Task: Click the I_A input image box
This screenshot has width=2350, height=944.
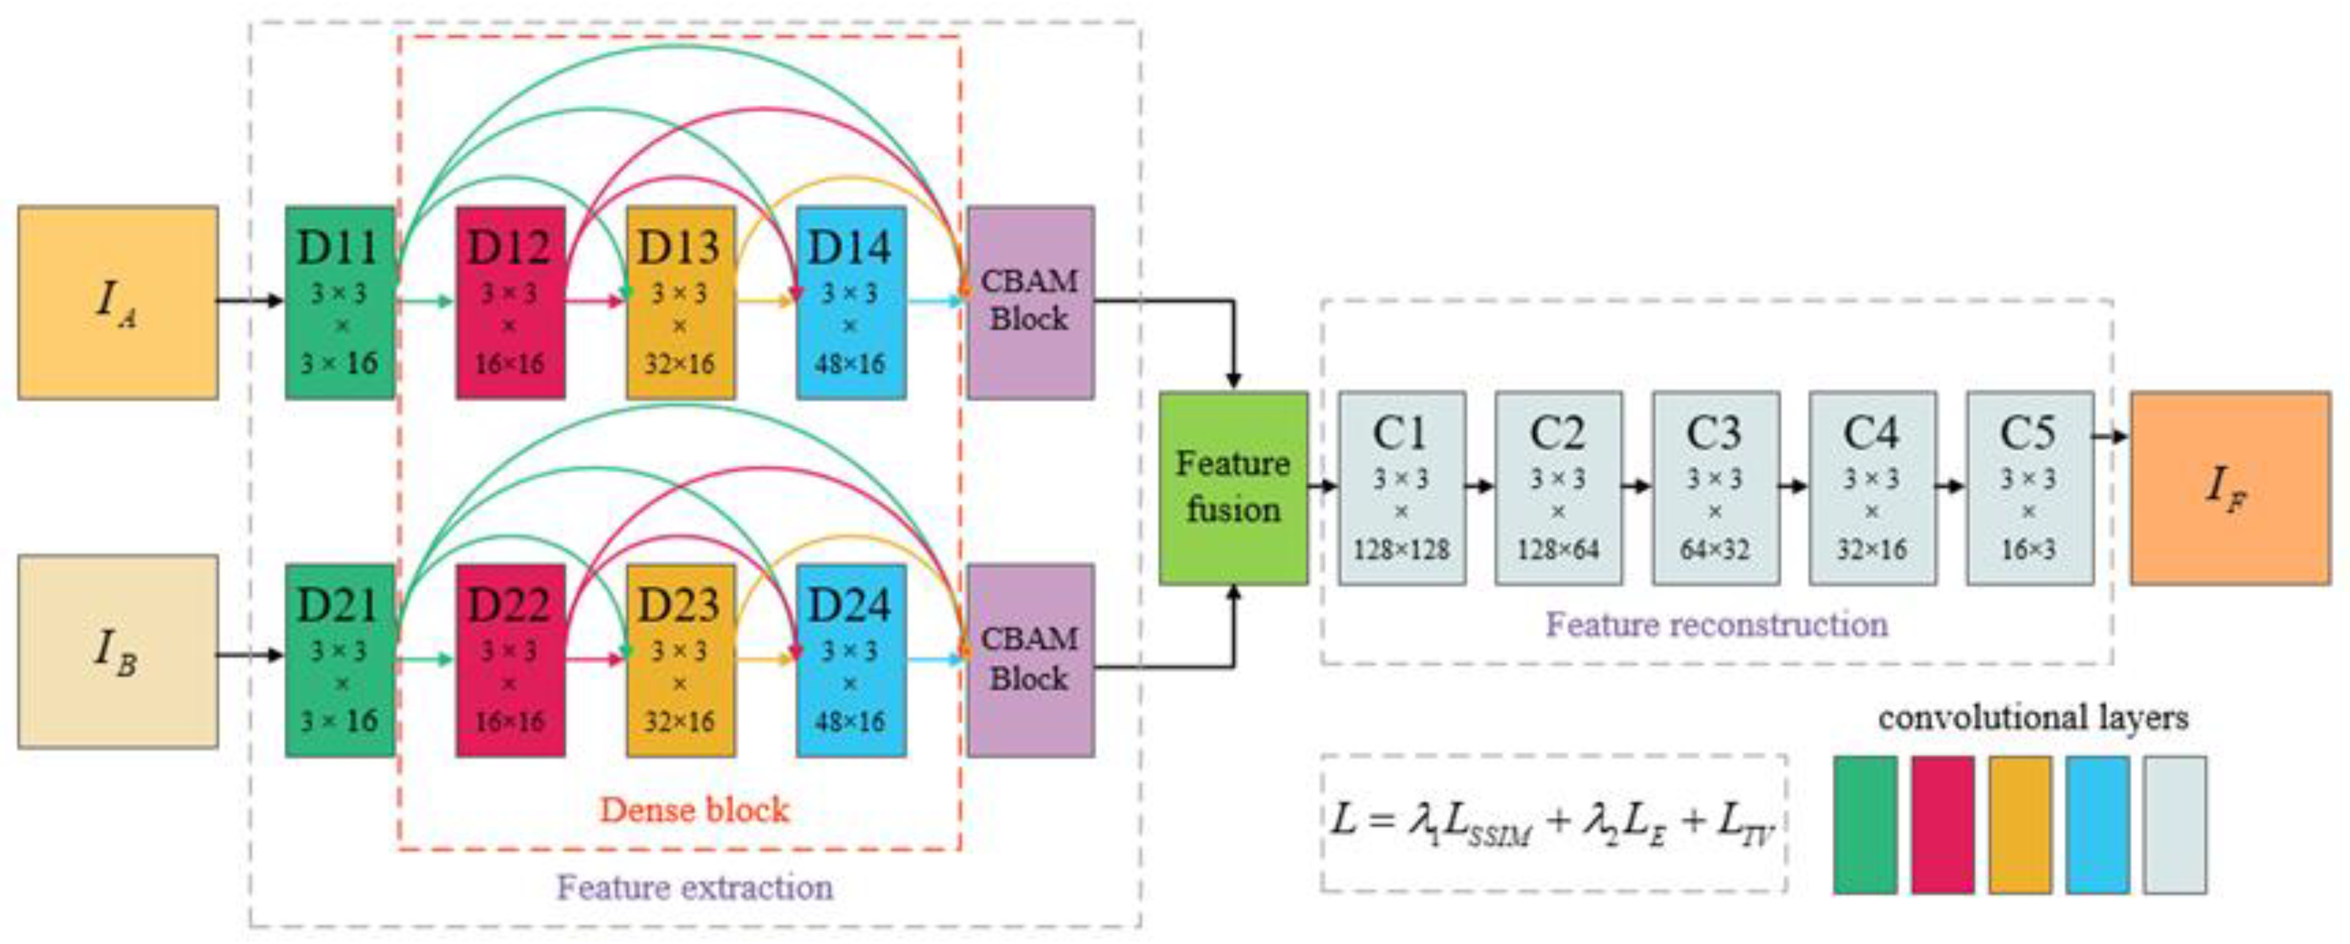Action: click(118, 302)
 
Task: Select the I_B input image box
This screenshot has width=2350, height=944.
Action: click(118, 651)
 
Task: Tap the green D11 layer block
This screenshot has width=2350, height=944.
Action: click(340, 302)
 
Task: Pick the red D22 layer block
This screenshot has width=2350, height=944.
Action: click(510, 660)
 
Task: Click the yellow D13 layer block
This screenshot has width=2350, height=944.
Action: click(680, 302)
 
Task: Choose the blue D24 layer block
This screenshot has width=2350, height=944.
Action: click(850, 660)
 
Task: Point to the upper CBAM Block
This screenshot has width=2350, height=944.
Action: click(1030, 302)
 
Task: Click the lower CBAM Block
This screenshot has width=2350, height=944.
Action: click(1030, 660)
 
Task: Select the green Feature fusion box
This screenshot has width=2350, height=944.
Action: click(1233, 488)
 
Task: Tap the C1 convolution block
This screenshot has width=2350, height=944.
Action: click(1401, 488)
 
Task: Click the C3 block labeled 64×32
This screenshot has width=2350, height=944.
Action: click(1715, 488)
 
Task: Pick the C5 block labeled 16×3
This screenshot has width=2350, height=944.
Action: click(2029, 488)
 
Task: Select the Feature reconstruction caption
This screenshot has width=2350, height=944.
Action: click(1716, 625)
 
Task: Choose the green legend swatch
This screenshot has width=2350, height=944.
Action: click(1864, 824)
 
